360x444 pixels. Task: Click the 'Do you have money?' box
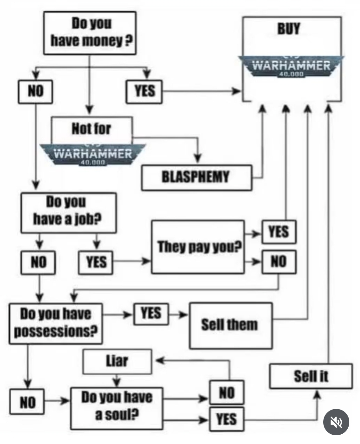coord(90,33)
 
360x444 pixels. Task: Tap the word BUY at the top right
coord(289,29)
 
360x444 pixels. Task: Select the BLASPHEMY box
coord(196,177)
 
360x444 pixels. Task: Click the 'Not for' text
coord(91,129)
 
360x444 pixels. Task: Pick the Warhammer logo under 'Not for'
coord(93,154)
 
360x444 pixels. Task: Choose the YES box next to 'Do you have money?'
coord(144,91)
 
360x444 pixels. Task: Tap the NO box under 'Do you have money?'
coord(35,91)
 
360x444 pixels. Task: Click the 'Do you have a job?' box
coord(68,212)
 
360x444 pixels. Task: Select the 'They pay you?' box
coord(198,247)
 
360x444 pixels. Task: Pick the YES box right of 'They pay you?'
coord(279,232)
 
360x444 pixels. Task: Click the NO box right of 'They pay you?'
coord(279,262)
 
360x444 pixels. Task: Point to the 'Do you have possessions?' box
coord(56,323)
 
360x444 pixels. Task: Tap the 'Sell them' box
coord(230,325)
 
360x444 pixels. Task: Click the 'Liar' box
coord(117,361)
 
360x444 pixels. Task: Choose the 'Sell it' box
coord(311,376)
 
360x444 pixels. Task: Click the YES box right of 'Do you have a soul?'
coord(227,419)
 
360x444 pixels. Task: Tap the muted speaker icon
coord(336,422)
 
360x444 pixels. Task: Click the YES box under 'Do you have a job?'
coord(96,262)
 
